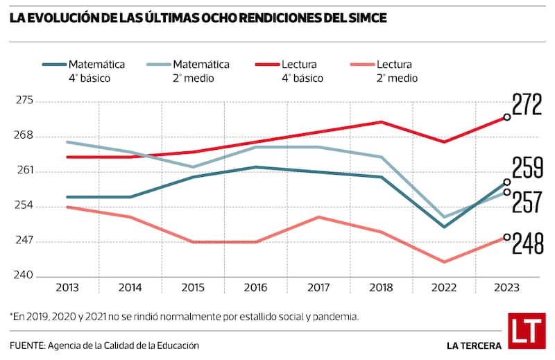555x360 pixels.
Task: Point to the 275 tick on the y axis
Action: [26, 101]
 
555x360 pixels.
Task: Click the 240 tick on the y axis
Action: [26, 276]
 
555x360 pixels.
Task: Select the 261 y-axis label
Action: [26, 171]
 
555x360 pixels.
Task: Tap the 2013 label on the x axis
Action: [67, 287]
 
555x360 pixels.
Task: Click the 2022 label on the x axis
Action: [445, 287]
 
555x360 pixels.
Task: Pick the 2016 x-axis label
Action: [256, 287]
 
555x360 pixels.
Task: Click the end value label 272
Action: [527, 104]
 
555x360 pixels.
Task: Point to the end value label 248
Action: [527, 243]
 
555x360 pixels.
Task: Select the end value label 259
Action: [527, 169]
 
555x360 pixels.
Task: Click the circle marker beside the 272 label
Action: [507, 117]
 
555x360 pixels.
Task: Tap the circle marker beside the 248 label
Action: [507, 237]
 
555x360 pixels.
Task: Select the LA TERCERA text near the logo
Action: [475, 345]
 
